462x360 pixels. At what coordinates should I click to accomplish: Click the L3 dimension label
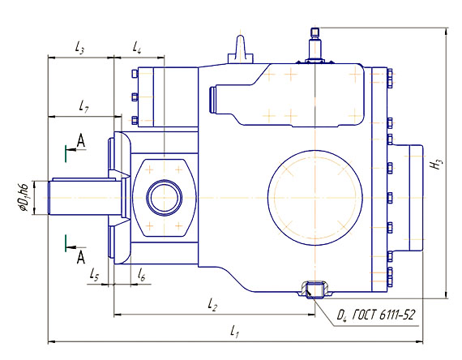pos(79,47)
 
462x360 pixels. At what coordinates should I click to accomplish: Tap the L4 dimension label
pos(137,47)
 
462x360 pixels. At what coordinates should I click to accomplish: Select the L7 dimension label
pos(83,106)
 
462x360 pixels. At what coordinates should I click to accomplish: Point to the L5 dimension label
pos(94,275)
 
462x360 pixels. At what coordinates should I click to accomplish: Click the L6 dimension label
pos(141,274)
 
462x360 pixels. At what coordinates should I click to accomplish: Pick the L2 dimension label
pos(212,304)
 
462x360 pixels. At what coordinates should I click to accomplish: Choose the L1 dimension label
pos(234,331)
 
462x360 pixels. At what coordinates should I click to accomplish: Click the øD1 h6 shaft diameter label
pos(24,197)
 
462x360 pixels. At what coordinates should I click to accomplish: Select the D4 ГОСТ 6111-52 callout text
pos(376,315)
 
